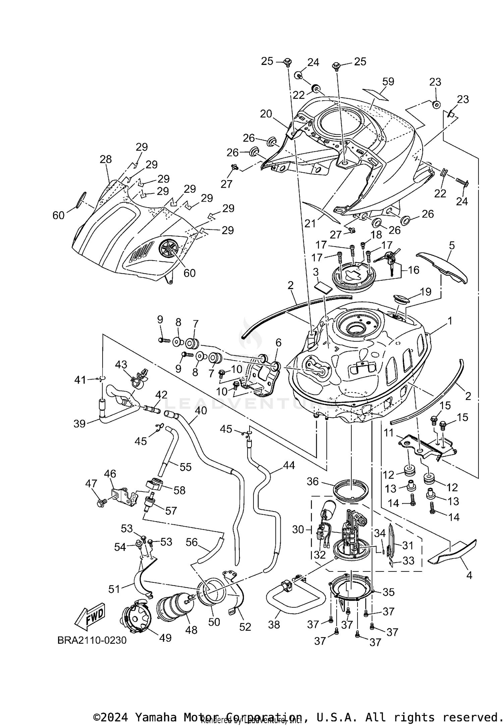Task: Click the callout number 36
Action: pos(313,482)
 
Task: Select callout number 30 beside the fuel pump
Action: pos(298,530)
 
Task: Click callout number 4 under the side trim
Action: pos(469,575)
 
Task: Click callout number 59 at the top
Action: pos(388,81)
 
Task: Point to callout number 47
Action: pos(91,484)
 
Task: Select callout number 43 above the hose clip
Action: pos(121,364)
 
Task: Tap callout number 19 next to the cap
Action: pos(425,292)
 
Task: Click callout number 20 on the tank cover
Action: pos(266,114)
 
